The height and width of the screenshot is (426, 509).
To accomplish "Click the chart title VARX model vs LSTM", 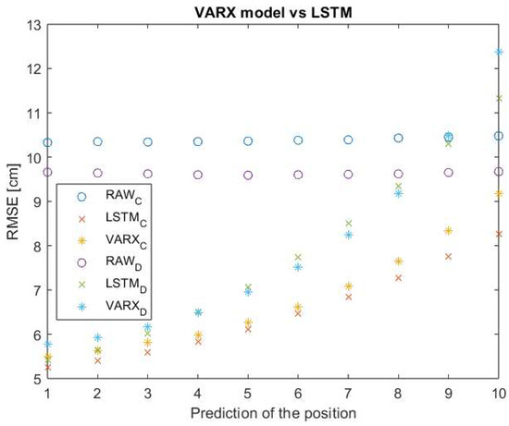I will (x=273, y=8).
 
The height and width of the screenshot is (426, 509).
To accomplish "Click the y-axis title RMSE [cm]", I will (x=12, y=202).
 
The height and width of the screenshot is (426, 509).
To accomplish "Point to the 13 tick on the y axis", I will (x=31, y=25).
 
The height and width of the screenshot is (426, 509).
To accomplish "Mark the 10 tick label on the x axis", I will (x=498, y=393).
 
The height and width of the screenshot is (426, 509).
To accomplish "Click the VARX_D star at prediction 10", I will (x=498, y=53).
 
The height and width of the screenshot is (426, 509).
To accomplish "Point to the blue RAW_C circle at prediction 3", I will (x=147, y=141).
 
